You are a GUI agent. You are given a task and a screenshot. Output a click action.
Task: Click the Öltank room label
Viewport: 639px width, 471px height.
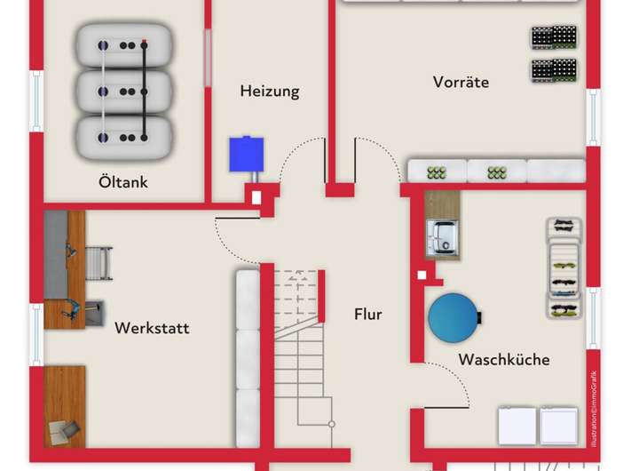point(123,183)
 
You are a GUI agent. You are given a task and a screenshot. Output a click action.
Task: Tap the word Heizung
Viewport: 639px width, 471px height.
point(270,91)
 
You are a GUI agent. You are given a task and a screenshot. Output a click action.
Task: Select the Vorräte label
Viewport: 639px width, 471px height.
point(461,82)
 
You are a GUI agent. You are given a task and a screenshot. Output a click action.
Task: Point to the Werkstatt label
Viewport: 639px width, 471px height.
point(152,328)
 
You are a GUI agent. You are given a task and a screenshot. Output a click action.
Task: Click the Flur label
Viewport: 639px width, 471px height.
point(368,314)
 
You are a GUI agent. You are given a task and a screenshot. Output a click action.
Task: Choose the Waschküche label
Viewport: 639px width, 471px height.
point(503,359)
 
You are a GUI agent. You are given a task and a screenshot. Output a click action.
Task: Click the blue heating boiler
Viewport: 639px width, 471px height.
point(247,154)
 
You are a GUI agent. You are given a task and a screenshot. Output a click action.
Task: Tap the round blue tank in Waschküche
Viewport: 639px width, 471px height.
point(454,315)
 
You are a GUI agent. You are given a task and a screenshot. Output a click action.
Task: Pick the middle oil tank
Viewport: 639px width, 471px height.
point(122,90)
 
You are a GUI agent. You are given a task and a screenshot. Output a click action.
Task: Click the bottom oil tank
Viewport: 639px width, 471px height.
point(122,136)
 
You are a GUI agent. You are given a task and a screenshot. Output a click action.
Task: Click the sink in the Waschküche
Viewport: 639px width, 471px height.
point(441,238)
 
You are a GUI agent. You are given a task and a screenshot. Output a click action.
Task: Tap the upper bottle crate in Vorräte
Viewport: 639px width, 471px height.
point(554,37)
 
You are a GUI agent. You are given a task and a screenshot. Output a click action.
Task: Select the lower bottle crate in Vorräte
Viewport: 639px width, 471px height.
point(554,69)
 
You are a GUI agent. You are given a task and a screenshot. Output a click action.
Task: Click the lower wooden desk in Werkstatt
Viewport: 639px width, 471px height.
point(65,405)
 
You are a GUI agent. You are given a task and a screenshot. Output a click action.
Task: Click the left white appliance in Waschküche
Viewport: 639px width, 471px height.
point(517,426)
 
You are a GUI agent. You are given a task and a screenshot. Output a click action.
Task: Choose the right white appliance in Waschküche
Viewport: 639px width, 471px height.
point(559,426)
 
